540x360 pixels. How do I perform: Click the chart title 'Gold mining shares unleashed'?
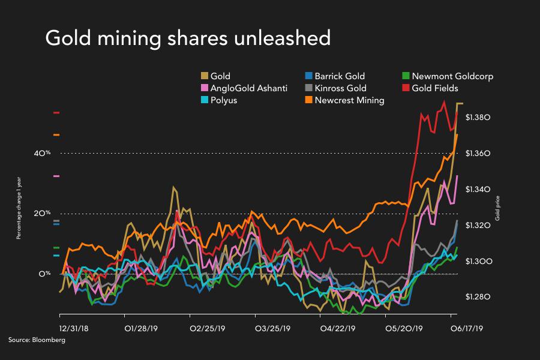click(x=188, y=38)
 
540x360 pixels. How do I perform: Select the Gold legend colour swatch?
click(x=204, y=76)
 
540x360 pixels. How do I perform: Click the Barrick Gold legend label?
click(x=340, y=76)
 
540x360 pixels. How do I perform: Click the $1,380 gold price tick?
click(x=479, y=118)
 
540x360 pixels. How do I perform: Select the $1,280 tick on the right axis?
click(x=479, y=297)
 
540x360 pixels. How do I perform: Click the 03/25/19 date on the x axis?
click(x=273, y=329)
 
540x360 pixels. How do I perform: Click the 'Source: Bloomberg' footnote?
click(x=37, y=340)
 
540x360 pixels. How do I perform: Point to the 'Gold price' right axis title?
click(x=498, y=207)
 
